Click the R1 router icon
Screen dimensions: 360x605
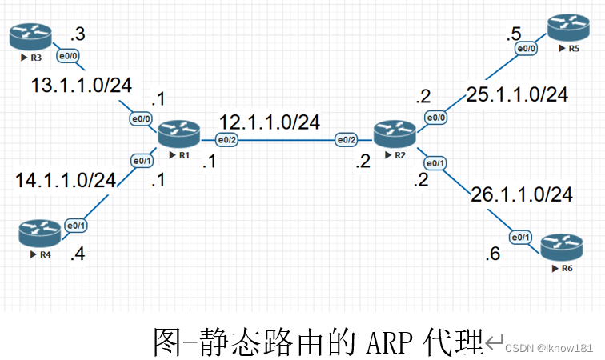click(x=178, y=133)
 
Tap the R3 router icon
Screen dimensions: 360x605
click(x=30, y=36)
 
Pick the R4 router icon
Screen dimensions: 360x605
click(x=39, y=234)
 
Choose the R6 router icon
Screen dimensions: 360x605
click(x=560, y=248)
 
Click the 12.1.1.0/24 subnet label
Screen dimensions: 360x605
click(x=270, y=122)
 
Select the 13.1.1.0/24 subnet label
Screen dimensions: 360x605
click(x=82, y=85)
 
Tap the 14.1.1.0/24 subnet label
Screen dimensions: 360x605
click(x=66, y=180)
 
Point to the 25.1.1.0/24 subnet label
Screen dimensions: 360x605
click(x=517, y=95)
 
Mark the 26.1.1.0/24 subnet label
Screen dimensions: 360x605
click(x=522, y=194)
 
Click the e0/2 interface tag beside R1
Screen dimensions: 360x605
click(x=227, y=140)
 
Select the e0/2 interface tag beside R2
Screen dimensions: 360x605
click(x=347, y=140)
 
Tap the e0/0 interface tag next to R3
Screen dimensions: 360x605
click(x=67, y=56)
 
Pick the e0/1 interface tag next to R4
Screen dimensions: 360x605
click(x=76, y=226)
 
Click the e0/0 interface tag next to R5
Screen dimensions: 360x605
click(x=526, y=50)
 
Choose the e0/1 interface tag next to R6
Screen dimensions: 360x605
click(x=521, y=237)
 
